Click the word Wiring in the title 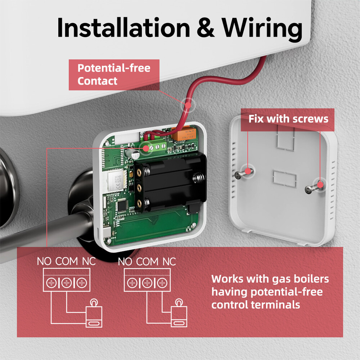[x=262, y=27]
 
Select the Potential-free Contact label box [x=114, y=75]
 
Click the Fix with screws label [x=288, y=119]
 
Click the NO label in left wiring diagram [x=44, y=261]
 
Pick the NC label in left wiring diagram [x=89, y=261]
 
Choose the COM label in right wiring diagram [x=148, y=261]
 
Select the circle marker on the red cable [x=187, y=104]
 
